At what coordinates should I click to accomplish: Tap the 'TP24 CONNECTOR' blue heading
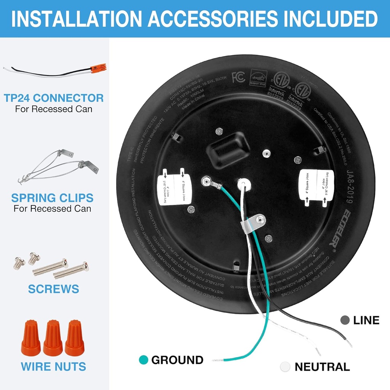[x=54, y=98]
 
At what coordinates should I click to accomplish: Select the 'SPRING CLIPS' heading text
[x=52, y=198]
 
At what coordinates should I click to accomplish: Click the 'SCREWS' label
[x=54, y=289]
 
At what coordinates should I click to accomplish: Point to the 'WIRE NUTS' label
[x=53, y=366]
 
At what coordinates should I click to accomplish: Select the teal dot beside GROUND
[x=144, y=360]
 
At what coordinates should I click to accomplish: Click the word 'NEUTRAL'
[x=322, y=367]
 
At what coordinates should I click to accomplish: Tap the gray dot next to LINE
[x=345, y=320]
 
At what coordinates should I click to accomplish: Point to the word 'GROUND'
[x=177, y=360]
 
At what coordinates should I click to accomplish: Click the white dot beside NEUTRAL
[x=285, y=367]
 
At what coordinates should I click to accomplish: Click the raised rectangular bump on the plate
[x=228, y=150]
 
